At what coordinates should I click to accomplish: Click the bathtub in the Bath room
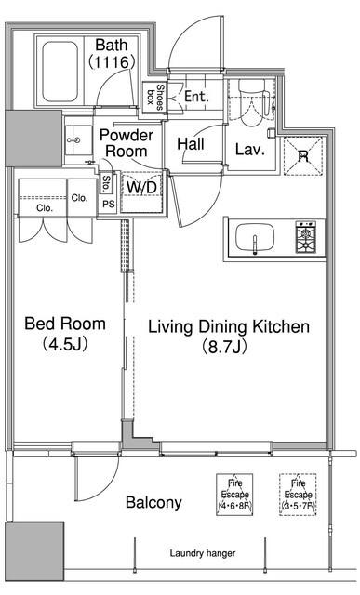pos(60,72)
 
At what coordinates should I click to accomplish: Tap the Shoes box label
pos(155,97)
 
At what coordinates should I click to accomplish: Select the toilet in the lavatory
pos(251,102)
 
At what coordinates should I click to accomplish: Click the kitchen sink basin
pos(255,238)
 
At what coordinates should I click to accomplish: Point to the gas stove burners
pos(306,238)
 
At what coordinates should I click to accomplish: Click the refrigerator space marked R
pos(303,156)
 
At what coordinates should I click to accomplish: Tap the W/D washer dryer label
pos(141,187)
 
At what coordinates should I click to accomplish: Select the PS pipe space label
pos(109,204)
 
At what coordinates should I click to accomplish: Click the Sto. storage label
pos(106,183)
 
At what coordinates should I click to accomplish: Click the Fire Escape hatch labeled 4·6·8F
pos(234,495)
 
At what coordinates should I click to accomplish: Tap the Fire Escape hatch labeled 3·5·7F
pos(298,495)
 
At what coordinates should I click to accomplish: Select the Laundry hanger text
pos(203,553)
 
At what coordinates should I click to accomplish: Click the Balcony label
pos(153,502)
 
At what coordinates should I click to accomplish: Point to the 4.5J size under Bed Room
pos(65,345)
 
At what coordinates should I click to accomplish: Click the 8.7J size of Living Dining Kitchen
pos(224,347)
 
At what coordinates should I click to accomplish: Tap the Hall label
pos(191,144)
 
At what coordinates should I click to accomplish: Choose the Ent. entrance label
pos(196,97)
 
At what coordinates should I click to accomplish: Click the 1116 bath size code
pos(112,62)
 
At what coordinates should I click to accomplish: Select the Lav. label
pos(249,150)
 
